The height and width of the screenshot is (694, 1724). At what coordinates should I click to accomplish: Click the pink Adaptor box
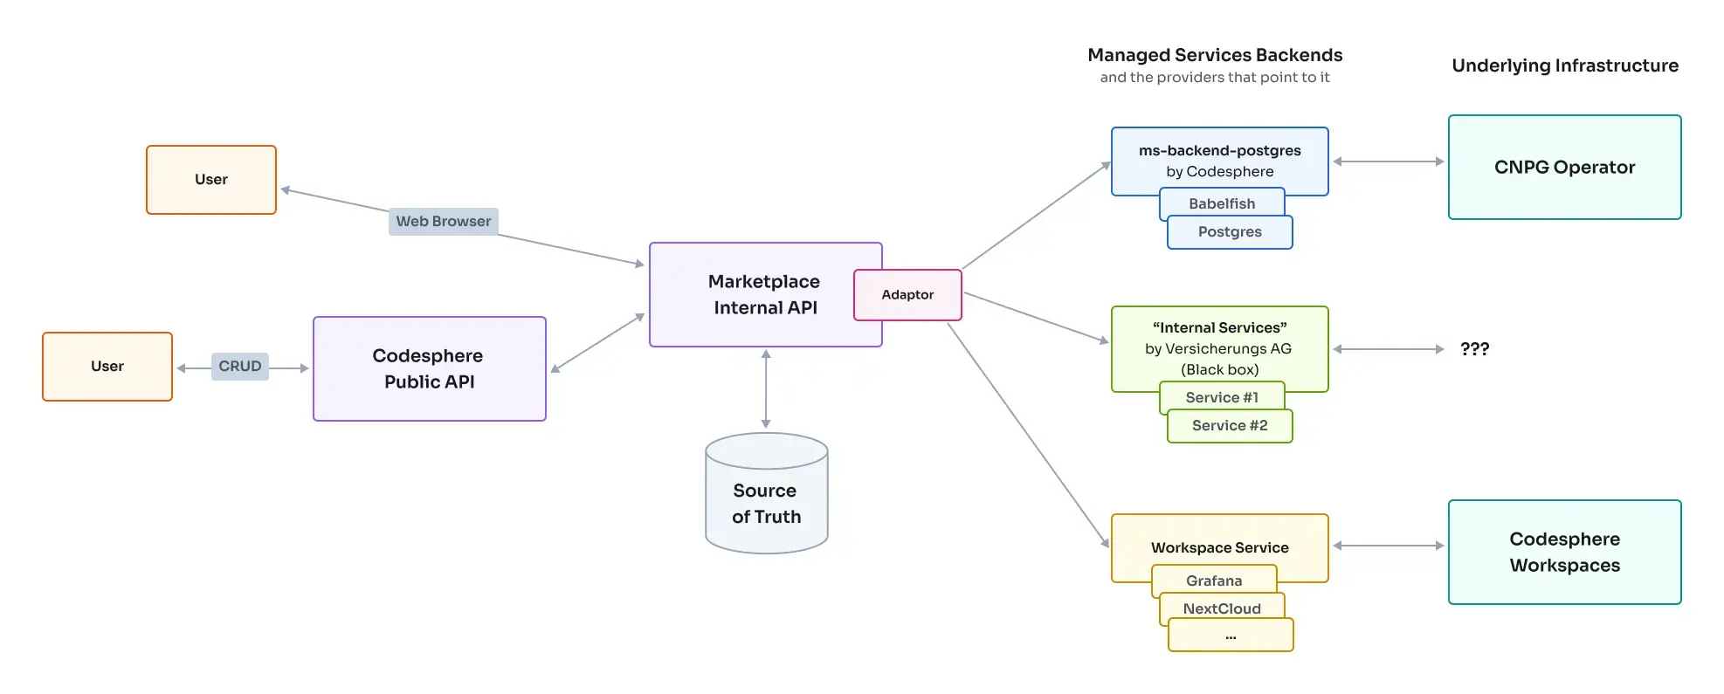(x=907, y=295)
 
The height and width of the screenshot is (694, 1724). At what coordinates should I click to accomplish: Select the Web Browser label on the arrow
(x=443, y=222)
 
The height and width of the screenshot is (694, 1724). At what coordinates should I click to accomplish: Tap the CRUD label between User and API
(x=239, y=367)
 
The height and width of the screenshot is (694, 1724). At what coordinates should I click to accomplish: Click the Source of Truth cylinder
(x=766, y=503)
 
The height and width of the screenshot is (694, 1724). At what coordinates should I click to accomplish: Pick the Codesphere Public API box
(x=429, y=369)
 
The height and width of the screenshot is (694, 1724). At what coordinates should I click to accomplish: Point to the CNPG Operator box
(x=1564, y=168)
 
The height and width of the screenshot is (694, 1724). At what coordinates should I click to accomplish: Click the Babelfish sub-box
(x=1221, y=203)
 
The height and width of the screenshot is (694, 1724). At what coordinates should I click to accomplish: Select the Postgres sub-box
(x=1230, y=232)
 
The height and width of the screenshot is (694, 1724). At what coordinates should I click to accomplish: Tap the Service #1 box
(x=1221, y=397)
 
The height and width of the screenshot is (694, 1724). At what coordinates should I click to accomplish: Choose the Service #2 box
(x=1230, y=426)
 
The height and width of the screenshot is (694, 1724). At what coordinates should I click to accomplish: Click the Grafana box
(x=1214, y=581)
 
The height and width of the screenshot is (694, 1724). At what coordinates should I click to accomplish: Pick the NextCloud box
(x=1221, y=608)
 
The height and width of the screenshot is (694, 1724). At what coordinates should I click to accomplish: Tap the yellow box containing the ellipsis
(x=1230, y=636)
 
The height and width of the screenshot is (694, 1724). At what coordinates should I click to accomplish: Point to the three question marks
(x=1474, y=349)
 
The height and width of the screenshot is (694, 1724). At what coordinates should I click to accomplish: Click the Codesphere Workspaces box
(x=1564, y=553)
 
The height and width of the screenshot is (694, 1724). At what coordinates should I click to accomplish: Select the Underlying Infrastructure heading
(x=1564, y=65)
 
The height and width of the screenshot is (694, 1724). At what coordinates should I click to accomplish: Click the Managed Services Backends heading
(x=1214, y=55)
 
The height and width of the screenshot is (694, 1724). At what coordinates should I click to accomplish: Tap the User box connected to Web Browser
(x=211, y=180)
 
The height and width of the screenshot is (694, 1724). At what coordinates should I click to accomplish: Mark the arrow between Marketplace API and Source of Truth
(x=766, y=389)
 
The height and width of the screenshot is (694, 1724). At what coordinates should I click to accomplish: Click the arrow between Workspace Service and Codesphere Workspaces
(x=1388, y=546)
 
